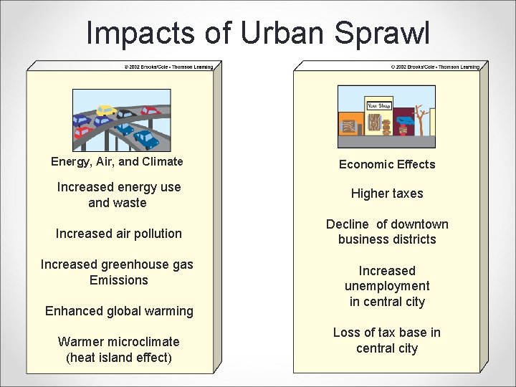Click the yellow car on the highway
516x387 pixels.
point(107,110)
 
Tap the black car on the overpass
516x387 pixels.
point(125,114)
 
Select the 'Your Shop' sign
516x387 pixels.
point(378,106)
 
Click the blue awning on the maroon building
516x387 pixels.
point(405,120)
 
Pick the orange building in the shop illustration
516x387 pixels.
point(351,123)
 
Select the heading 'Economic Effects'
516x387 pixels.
point(387,164)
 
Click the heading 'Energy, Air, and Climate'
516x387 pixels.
point(117,161)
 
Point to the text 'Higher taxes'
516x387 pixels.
point(387,193)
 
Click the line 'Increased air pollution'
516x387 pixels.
point(119,234)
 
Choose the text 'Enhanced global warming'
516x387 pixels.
point(119,311)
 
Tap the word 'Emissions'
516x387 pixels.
point(119,280)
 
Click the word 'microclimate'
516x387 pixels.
point(143,342)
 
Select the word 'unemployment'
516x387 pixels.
point(387,286)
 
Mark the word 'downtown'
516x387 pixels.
point(419,224)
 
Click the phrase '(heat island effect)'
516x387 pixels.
point(119,358)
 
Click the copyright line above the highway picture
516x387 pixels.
point(168,67)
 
